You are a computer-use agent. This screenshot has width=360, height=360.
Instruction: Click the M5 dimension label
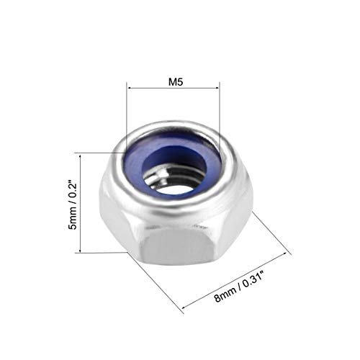click(176, 82)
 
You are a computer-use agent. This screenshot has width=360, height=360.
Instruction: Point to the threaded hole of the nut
click(174, 179)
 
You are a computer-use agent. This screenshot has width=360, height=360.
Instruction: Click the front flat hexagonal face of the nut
click(176, 246)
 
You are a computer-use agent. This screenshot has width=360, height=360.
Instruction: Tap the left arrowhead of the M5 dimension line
click(130, 89)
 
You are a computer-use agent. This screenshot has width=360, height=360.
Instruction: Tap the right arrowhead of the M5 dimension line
click(217, 89)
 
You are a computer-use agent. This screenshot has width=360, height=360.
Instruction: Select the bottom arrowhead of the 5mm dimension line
click(80, 249)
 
